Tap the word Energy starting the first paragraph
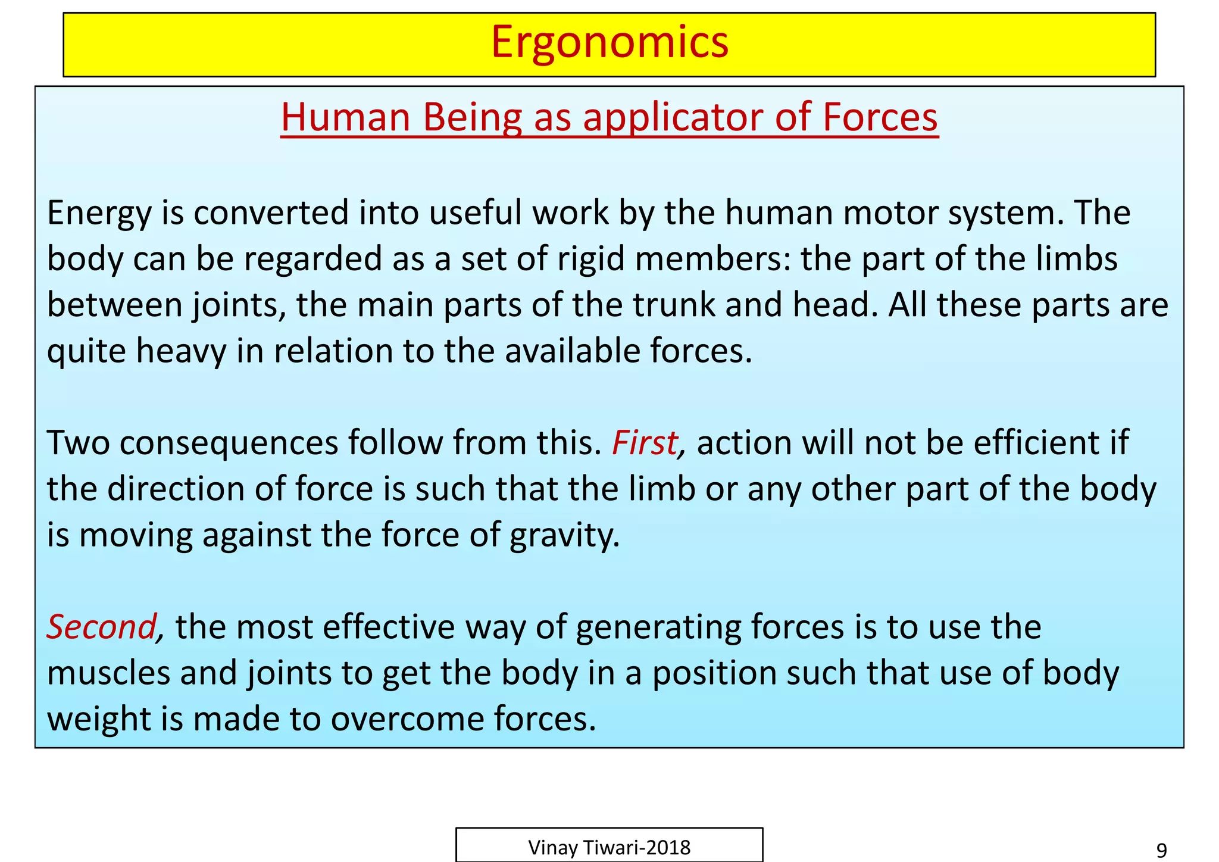click(x=99, y=213)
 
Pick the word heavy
click(x=181, y=351)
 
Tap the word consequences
click(x=229, y=443)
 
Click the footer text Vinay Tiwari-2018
click(x=609, y=847)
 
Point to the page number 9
click(x=1161, y=850)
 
